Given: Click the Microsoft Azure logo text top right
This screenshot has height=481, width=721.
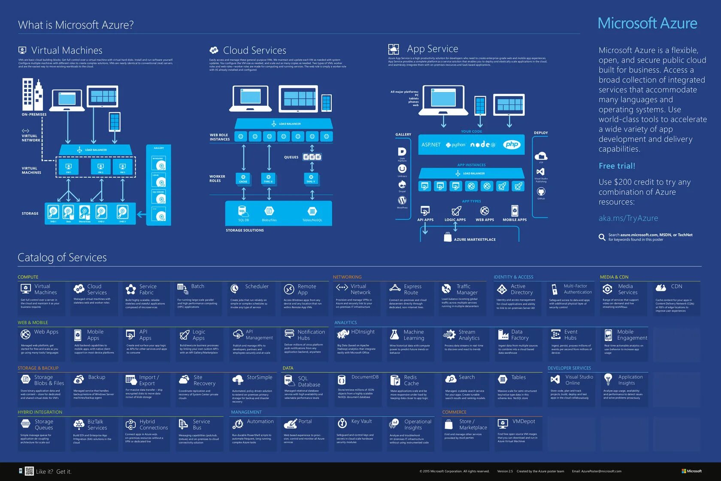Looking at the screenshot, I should tap(647, 23).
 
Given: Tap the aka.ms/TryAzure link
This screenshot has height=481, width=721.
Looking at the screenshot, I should tap(628, 218).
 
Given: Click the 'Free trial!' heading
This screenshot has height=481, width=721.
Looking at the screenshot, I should tap(617, 166).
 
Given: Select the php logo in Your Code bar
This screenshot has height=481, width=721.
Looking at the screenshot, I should tap(512, 144).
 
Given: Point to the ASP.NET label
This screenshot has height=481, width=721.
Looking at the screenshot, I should tap(430, 145).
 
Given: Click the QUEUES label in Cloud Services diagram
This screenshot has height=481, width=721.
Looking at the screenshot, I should tap(291, 157).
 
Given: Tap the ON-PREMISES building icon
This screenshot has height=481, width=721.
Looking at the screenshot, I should tap(33, 95).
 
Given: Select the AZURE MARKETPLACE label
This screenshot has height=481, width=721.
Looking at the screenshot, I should tap(475, 239).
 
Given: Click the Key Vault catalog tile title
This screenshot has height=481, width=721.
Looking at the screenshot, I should tap(361, 421).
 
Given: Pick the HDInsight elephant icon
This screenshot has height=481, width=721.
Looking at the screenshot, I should tap(343, 334).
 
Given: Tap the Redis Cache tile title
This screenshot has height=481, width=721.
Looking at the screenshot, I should tap(411, 380).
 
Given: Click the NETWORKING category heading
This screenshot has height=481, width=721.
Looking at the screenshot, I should tap(347, 277).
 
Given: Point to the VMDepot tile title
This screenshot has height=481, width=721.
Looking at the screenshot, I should tap(524, 421).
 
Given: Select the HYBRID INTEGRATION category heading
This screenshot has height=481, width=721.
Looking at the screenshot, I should tap(40, 412).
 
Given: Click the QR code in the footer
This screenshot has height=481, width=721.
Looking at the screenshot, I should tap(29, 471).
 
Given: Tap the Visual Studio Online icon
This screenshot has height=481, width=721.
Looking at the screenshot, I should tap(555, 379).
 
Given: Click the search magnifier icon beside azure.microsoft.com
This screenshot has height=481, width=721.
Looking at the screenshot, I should tap(602, 237).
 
